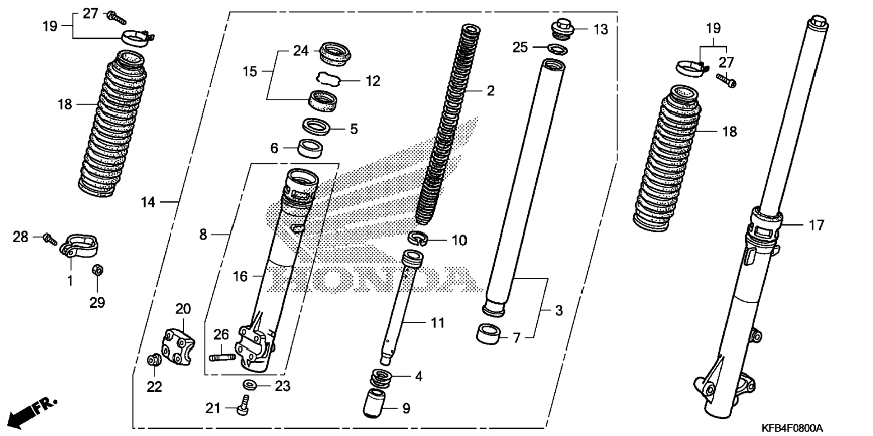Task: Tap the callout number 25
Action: [520, 47]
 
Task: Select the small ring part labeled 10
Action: [418, 238]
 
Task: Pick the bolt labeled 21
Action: [243, 405]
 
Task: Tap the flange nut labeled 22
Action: [154, 360]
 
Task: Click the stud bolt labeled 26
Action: [222, 357]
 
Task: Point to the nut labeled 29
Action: [97, 271]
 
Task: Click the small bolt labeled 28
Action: [50, 239]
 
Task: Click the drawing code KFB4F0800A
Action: [792, 427]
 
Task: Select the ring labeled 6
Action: [311, 149]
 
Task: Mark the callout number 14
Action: [148, 202]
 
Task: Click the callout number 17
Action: [816, 225]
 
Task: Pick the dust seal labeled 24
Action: [335, 53]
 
